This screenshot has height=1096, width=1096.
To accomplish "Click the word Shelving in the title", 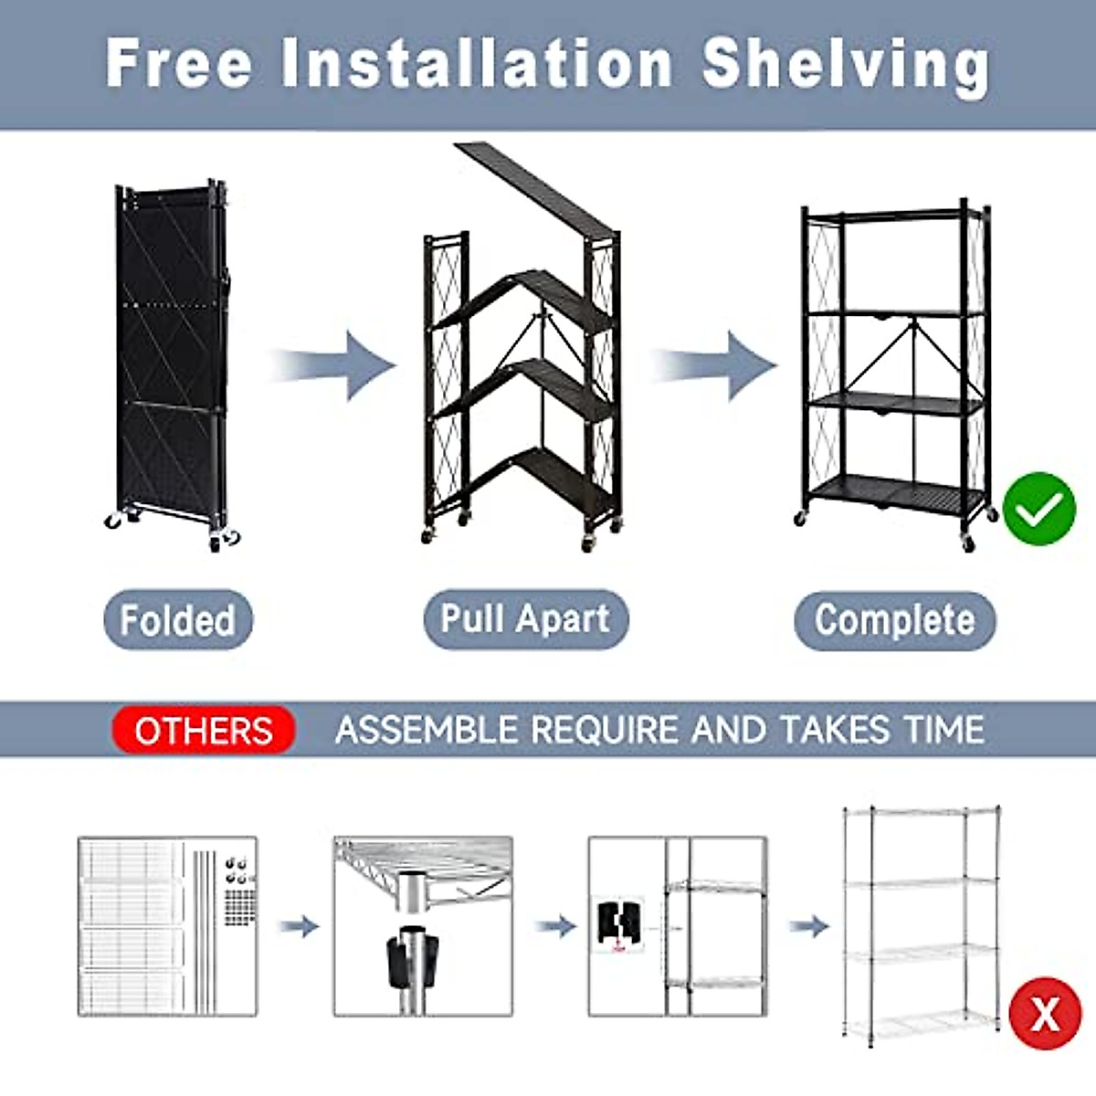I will (x=846, y=64).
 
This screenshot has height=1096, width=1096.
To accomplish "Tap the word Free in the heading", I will (x=178, y=64).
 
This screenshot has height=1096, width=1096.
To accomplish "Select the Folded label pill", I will (x=178, y=620).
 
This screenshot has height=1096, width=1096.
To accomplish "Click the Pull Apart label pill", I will (x=525, y=619).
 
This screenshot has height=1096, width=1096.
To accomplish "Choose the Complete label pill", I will (x=894, y=620).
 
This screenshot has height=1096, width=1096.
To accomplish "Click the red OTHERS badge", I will (x=204, y=731).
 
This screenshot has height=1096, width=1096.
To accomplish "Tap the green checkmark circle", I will (x=1038, y=509).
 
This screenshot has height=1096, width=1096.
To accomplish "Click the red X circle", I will (x=1045, y=1015).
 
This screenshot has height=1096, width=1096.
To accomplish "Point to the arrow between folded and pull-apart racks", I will (x=333, y=365).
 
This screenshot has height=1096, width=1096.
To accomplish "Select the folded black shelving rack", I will (x=172, y=361).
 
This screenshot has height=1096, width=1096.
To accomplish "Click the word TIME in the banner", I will (x=944, y=730).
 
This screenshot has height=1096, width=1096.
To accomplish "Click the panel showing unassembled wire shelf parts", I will (x=167, y=926).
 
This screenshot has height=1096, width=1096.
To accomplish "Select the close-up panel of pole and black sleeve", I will (x=422, y=926).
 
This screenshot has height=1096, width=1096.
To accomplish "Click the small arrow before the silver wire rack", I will (x=808, y=926).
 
